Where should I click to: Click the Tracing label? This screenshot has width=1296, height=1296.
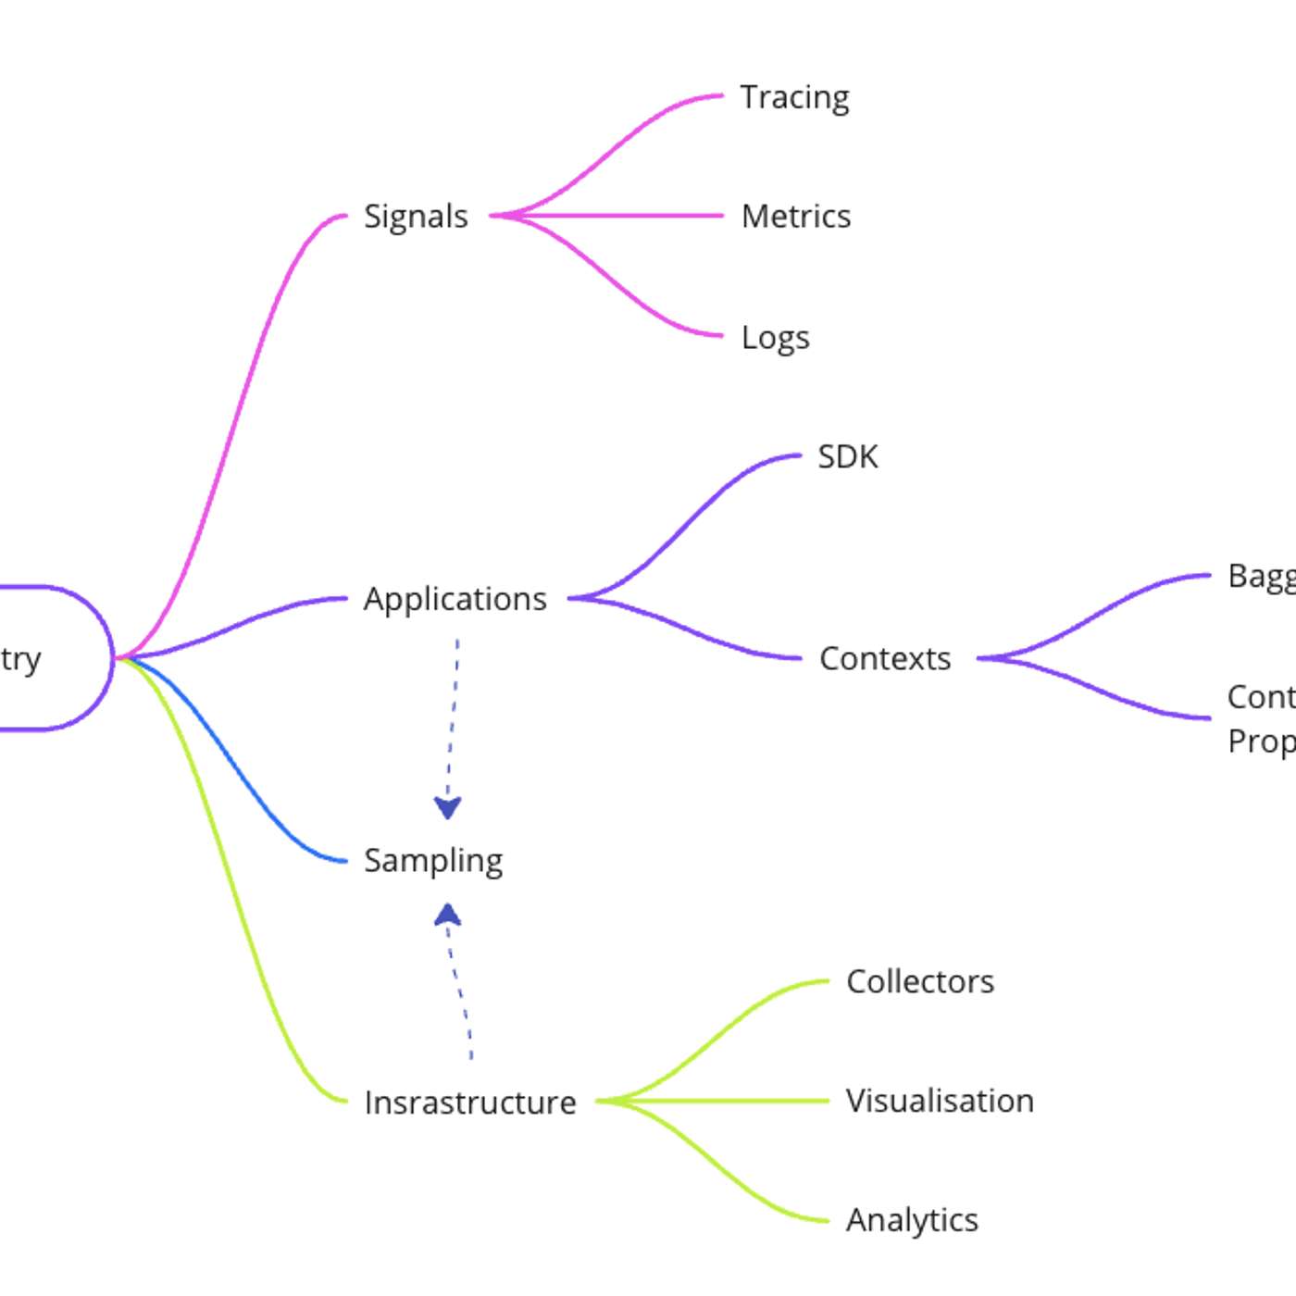[794, 97]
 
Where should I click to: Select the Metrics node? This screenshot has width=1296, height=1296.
[796, 217]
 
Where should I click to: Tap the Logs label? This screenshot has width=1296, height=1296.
[775, 338]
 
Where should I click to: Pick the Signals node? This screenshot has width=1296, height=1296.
[416, 217]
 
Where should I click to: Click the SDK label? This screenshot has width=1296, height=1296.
[847, 457]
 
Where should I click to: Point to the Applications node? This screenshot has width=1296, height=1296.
[455, 599]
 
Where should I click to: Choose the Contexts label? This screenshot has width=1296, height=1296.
[885, 659]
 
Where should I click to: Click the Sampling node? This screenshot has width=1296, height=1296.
[433, 861]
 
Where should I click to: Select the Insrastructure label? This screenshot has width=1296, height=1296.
[470, 1103]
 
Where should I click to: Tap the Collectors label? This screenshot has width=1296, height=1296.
[920, 982]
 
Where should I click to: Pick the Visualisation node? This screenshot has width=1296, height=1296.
[940, 1102]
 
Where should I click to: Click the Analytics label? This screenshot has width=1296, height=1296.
[912, 1221]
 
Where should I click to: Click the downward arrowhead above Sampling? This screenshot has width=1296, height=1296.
[448, 808]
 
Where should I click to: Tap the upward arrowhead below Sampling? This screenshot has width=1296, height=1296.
[448, 916]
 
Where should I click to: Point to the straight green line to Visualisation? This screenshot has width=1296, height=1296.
[722, 1101]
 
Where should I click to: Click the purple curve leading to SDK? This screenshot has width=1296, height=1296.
[685, 528]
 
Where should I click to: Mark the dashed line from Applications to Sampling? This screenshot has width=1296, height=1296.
[454, 713]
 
